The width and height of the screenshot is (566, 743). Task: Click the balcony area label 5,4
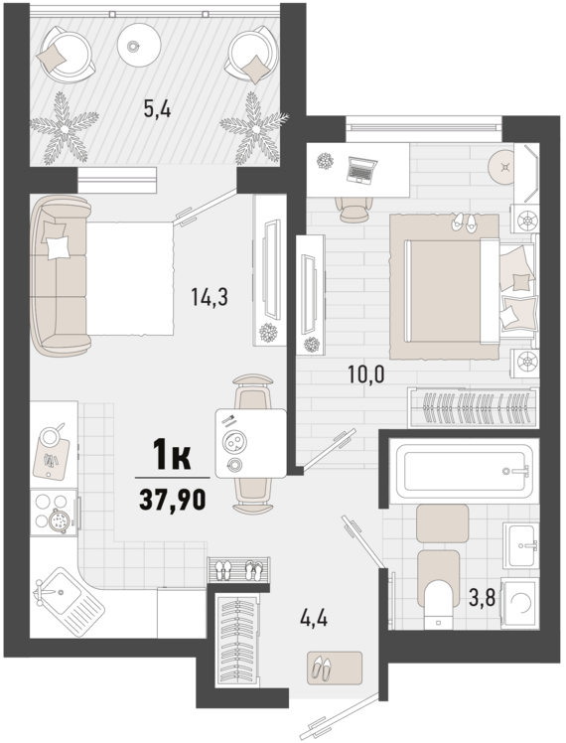157,110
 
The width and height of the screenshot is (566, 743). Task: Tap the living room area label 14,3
209,297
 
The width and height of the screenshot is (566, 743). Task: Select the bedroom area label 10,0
366,374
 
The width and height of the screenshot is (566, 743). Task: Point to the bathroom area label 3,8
483,597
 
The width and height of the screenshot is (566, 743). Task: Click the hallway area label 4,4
315,618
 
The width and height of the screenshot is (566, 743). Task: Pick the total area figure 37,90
173,500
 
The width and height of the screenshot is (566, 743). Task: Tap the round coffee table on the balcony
140,45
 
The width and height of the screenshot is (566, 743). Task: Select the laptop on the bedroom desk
361,170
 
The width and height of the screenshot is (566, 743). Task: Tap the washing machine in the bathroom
520,603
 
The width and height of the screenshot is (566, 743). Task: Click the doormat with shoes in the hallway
335,668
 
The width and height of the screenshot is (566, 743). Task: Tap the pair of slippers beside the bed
464,222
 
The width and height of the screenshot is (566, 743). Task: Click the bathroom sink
521,546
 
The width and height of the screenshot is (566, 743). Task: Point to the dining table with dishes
251,443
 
